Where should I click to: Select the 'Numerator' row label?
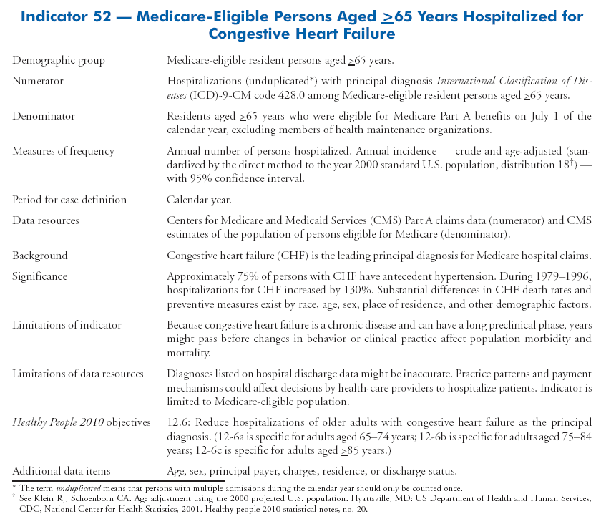click(x=37, y=81)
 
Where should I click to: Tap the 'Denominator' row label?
click(x=43, y=116)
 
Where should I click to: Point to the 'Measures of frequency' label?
click(x=63, y=151)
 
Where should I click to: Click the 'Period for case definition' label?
click(x=69, y=200)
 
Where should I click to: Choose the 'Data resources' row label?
click(x=46, y=220)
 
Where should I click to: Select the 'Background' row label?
click(x=39, y=256)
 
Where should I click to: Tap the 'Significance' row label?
click(x=39, y=276)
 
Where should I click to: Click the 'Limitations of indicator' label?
click(x=67, y=325)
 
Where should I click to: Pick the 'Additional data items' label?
click(x=62, y=471)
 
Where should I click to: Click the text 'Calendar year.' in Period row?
click(x=197, y=200)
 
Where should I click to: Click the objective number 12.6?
click(x=179, y=422)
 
